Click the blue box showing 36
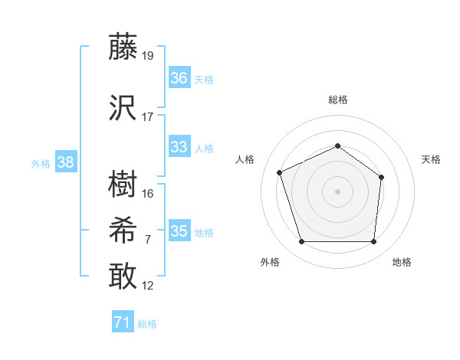(179, 78)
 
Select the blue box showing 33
(179, 147)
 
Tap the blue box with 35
(179, 231)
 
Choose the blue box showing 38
(65, 162)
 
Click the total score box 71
(122, 322)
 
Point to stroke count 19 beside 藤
(148, 55)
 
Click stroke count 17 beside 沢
(148, 117)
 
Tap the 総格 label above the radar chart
(337, 100)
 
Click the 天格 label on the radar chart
(431, 159)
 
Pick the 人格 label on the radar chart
(245, 159)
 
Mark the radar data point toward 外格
(301, 242)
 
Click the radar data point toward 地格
(373, 242)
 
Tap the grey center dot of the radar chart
(337, 191)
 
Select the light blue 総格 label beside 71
(147, 324)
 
